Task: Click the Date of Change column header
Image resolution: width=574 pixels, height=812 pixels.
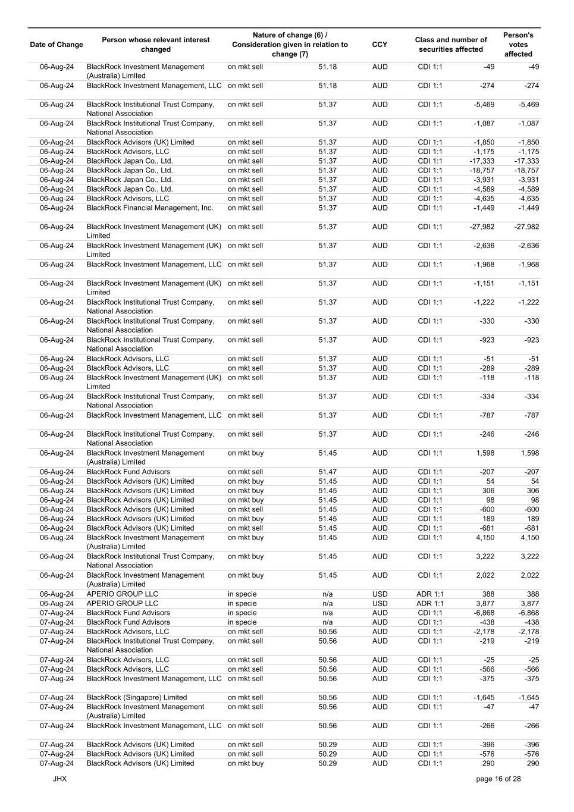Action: coord(57,45)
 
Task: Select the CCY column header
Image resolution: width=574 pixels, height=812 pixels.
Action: coord(379,45)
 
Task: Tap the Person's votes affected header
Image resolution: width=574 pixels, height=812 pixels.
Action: coord(518,45)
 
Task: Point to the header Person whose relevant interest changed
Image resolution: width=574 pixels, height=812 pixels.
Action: coord(156,45)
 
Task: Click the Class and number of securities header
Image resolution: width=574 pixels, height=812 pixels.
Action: coord(451,45)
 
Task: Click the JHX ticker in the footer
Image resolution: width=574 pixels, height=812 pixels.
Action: coord(59,779)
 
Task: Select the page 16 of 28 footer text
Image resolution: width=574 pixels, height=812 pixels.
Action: coord(498,779)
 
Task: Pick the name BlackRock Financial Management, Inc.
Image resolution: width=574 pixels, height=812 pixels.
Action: coord(150,208)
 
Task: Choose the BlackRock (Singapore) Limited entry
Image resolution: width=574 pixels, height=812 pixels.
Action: coord(137,697)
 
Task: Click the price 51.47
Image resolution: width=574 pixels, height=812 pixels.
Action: coord(328,472)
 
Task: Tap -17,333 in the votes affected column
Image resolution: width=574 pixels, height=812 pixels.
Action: coord(526,161)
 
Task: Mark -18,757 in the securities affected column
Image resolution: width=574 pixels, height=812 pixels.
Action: coord(482,170)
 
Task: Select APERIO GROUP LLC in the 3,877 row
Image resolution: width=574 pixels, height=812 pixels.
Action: coord(123,603)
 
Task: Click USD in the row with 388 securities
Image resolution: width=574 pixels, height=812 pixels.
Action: coord(379,594)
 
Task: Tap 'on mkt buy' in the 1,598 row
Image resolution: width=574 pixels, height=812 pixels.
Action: coord(246,453)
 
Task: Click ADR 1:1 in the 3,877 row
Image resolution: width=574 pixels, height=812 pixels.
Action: coord(430,603)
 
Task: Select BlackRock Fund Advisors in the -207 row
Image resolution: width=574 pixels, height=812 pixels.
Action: coord(128,472)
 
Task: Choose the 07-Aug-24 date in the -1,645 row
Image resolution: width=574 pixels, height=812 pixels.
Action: coord(57,697)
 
